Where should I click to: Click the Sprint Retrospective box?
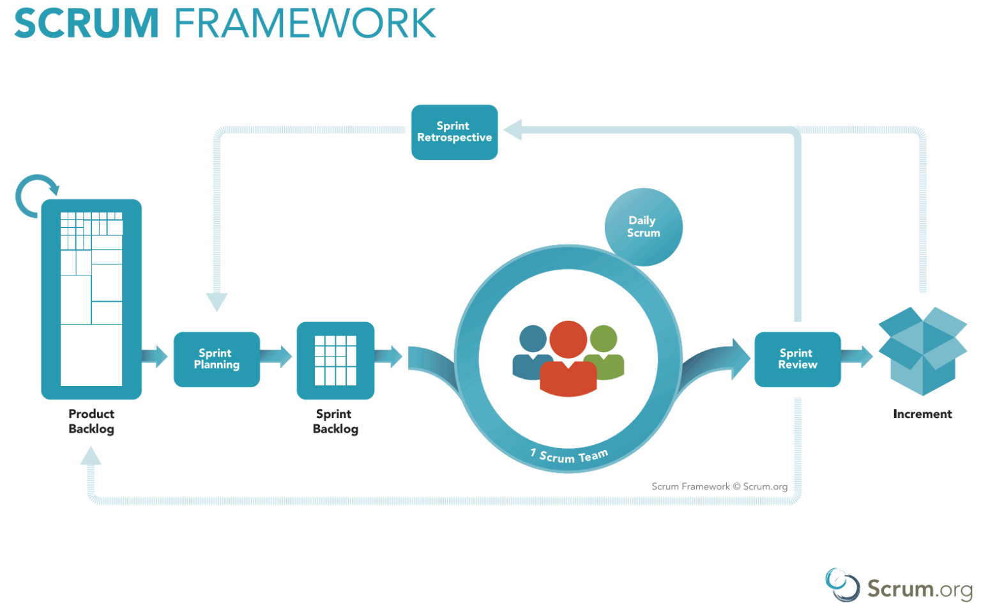tap(454, 132)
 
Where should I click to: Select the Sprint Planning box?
tap(217, 359)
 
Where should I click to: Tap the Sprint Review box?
tap(797, 359)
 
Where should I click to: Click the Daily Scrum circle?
tap(643, 227)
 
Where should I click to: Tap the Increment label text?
tap(922, 414)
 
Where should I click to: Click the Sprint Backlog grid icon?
tap(335, 360)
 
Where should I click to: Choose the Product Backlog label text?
tap(91, 421)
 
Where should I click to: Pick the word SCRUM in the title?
tap(86, 24)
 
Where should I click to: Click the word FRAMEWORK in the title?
tap(305, 24)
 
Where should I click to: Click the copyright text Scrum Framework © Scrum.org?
tap(719, 486)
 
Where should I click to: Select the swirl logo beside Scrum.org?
tap(842, 585)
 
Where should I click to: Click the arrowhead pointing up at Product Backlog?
tap(91, 456)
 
